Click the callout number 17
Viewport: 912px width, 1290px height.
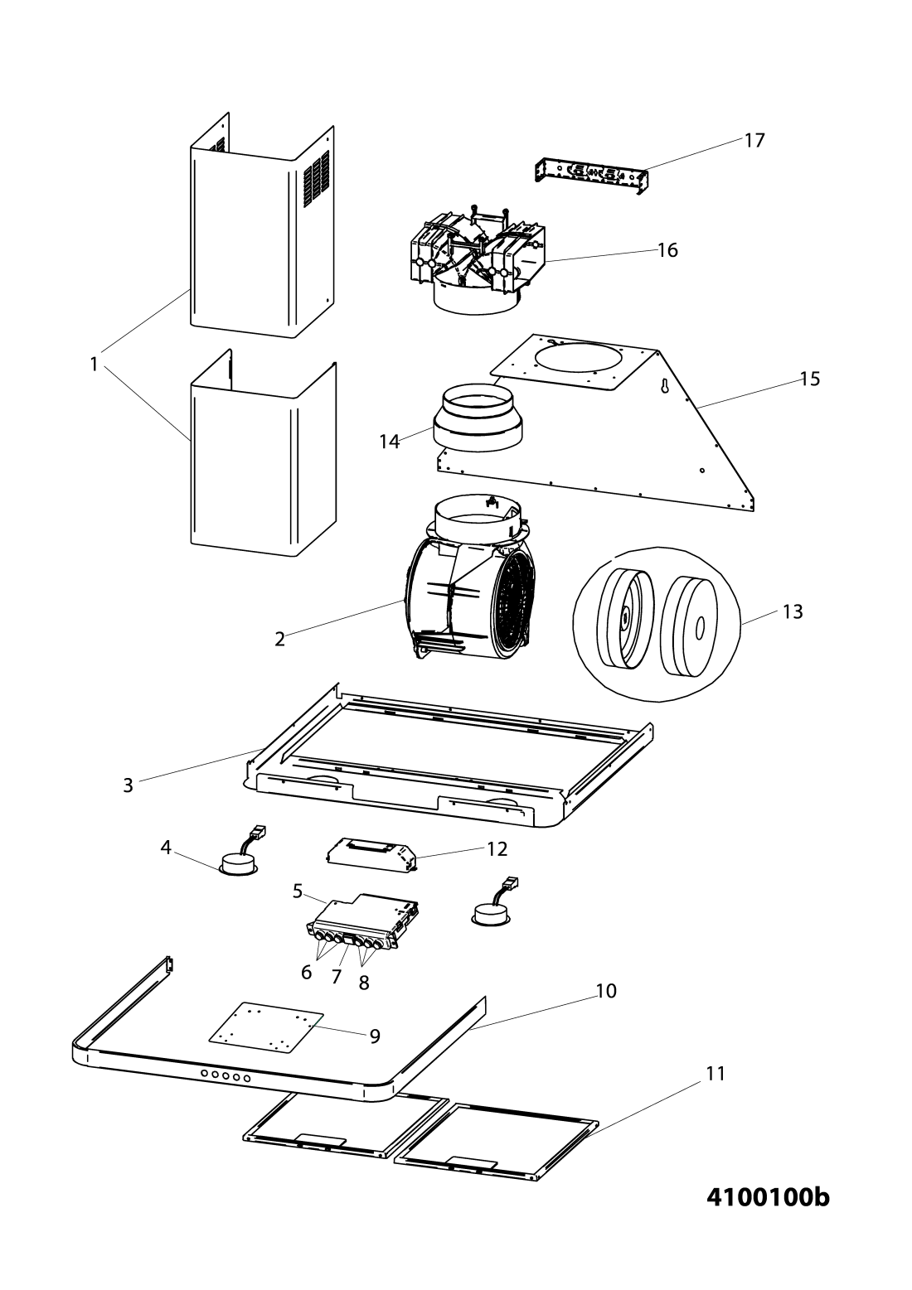coord(754,140)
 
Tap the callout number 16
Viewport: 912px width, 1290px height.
coord(667,250)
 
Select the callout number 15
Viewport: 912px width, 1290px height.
coord(809,379)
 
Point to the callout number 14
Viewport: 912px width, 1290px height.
coord(390,442)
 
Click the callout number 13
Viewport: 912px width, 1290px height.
coord(793,611)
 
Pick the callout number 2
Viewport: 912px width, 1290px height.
coord(280,640)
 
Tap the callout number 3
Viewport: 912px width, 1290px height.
coord(128,785)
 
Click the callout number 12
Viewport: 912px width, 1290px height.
coord(497,849)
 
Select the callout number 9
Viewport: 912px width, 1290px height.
coord(375,1036)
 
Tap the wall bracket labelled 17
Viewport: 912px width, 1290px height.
coord(592,175)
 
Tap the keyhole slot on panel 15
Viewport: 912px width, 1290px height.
coord(664,386)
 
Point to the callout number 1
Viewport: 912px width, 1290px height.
coord(94,364)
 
